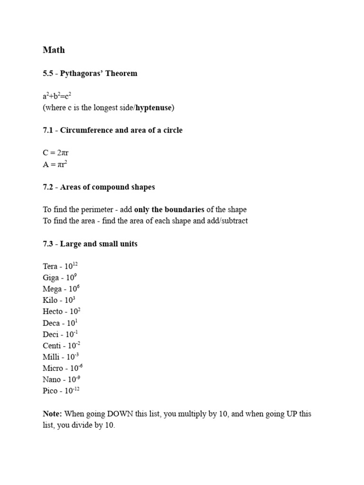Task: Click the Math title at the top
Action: pyautogui.click(x=54, y=50)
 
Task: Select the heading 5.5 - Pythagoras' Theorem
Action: pyautogui.click(x=90, y=73)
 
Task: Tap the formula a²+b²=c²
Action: pyautogui.click(x=57, y=97)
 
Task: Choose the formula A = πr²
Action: pyautogui.click(x=55, y=164)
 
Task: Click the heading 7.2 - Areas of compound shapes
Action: pyautogui.click(x=99, y=187)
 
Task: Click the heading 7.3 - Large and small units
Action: pyautogui.click(x=90, y=244)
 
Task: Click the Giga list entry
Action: pyautogui.click(x=59, y=278)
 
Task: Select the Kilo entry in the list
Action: pyautogui.click(x=59, y=300)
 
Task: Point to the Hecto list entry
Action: pyautogui.click(x=61, y=312)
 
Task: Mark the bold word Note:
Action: pyautogui.click(x=52, y=414)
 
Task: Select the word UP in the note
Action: pyautogui.click(x=279, y=414)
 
